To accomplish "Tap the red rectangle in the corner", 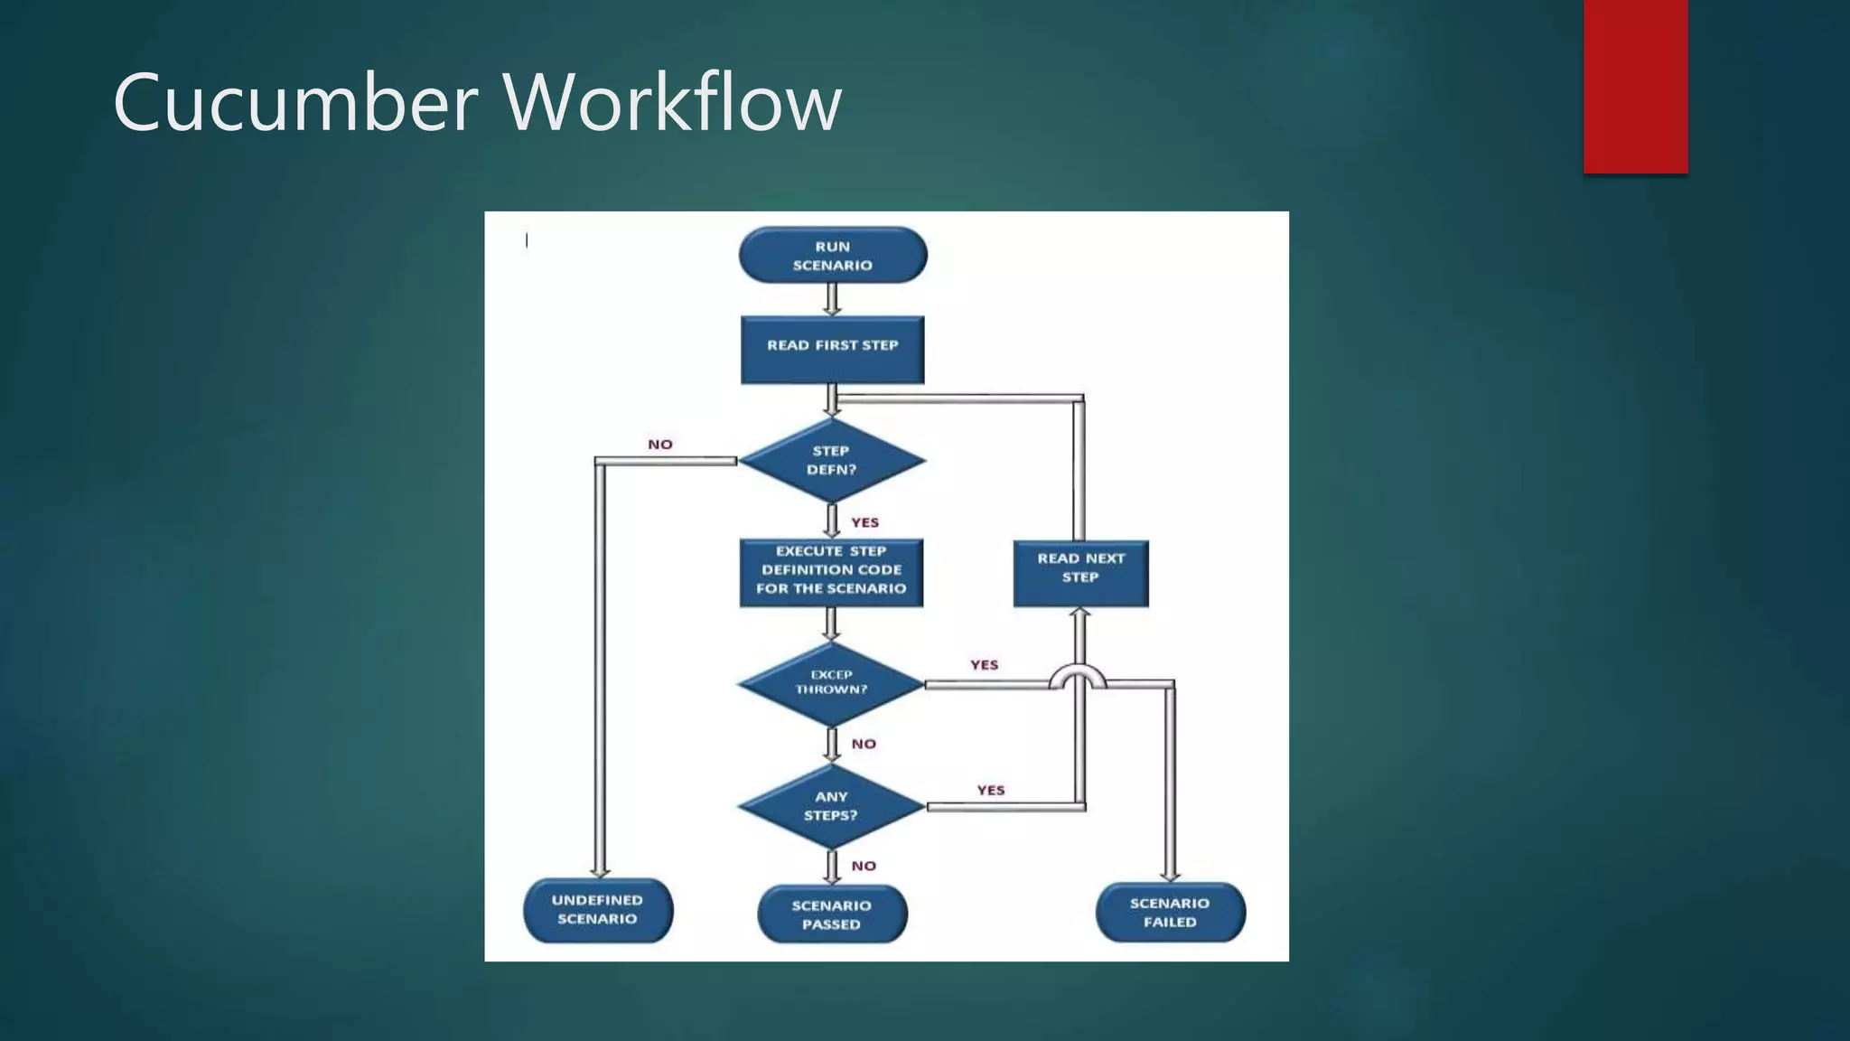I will pyautogui.click(x=1635, y=86).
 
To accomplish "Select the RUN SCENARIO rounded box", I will pyautogui.click(x=832, y=256).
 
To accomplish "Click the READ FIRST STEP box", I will pyautogui.click(x=832, y=349).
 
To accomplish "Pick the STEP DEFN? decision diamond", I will pyautogui.click(x=831, y=460).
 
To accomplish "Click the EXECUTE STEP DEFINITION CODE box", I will pyautogui.click(x=831, y=572).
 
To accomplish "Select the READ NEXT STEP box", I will pyautogui.click(x=1080, y=573).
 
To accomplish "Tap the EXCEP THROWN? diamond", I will pyautogui.click(x=831, y=683).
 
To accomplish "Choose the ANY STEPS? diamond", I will pyautogui.click(x=831, y=806).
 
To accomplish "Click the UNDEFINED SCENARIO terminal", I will pyautogui.click(x=597, y=910).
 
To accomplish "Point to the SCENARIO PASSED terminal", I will pyautogui.click(x=831, y=914).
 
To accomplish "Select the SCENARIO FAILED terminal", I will pyautogui.click(x=1170, y=913).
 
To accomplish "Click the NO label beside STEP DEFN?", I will pyautogui.click(x=660, y=445).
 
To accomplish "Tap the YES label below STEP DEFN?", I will pyautogui.click(x=864, y=522).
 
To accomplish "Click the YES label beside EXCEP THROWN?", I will pyautogui.click(x=985, y=665).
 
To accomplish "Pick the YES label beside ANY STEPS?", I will pyautogui.click(x=991, y=790).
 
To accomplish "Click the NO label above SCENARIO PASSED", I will pyautogui.click(x=864, y=866).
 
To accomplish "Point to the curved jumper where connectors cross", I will pyautogui.click(x=1078, y=677).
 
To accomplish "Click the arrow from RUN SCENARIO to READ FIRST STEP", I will pyautogui.click(x=832, y=299).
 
